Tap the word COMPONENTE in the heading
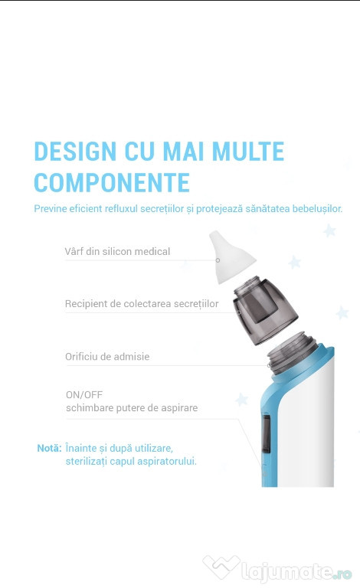coord(112,183)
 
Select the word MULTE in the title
coord(248,151)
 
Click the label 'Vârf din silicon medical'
coord(117,251)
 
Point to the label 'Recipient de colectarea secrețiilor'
coord(142,304)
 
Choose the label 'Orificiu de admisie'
coord(107,356)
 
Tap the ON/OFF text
coord(84,395)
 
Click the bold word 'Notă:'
coord(49,448)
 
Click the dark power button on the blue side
coord(266,433)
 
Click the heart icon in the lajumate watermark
coord(221,567)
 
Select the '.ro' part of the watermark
coord(343,573)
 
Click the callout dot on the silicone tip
coord(218,260)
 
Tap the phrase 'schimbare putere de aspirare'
coord(132,408)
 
